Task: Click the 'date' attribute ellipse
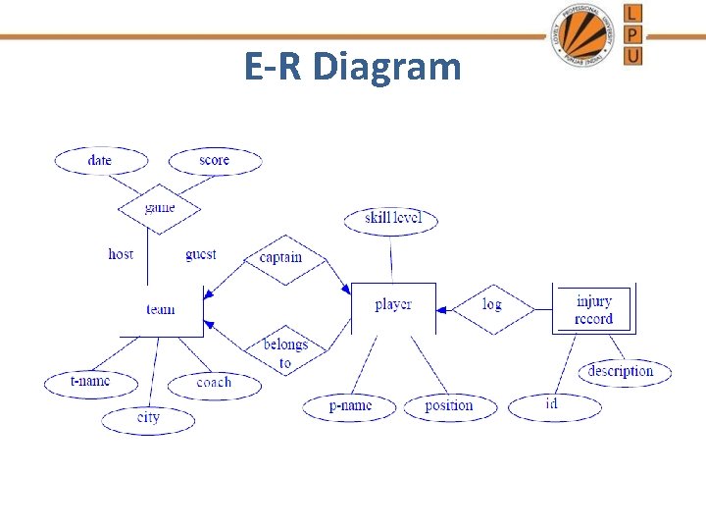tap(100, 161)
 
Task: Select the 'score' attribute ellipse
tap(215, 161)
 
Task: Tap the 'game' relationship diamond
tap(159, 208)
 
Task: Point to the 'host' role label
tap(121, 254)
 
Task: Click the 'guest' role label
tap(201, 254)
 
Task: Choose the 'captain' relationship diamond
tap(280, 258)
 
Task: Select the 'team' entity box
tap(161, 309)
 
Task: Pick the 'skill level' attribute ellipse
tap(391, 218)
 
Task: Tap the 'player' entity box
tap(392, 305)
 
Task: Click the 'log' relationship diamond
tap(492, 305)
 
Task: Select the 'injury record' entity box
tap(593, 309)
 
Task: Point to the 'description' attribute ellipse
tap(620, 371)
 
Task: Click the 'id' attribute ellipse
tap(552, 404)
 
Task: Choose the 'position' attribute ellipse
tap(449, 405)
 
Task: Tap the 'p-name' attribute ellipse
tap(350, 405)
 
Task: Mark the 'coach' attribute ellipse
tap(214, 383)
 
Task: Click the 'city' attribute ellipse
tap(148, 418)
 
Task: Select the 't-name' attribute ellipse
tap(90, 381)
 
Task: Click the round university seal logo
tap(585, 34)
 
